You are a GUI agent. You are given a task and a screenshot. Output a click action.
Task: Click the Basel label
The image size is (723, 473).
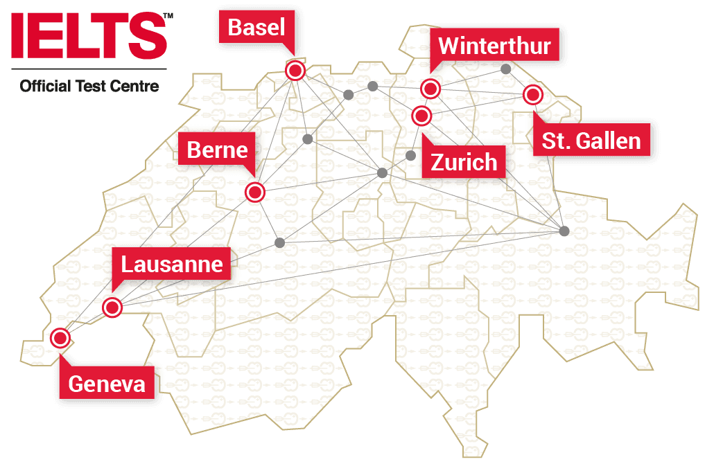pos(256,28)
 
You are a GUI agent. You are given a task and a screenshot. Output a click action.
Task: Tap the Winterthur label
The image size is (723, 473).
pos(494,46)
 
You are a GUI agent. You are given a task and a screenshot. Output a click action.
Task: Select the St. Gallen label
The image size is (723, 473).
pos(591,141)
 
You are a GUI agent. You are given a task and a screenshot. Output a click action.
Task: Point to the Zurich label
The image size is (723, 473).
pos(464,162)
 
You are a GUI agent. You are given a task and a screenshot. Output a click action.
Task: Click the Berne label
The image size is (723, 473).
pos(217,150)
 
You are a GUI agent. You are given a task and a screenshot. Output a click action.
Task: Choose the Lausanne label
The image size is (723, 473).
pos(172,264)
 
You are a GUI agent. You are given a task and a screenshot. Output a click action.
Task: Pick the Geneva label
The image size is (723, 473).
pos(107,384)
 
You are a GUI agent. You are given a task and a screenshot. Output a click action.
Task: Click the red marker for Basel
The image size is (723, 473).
pos(296,71)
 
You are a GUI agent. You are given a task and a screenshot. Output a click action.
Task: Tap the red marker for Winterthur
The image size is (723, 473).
pos(430,89)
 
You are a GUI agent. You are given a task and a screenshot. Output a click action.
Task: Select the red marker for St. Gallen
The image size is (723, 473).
pos(532,95)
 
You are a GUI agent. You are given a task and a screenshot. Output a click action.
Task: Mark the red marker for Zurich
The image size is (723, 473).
pos(421,115)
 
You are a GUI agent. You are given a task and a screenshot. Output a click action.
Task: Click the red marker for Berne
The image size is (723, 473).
pos(255,193)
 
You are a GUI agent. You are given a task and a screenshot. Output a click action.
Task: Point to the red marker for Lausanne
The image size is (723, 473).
pos(112,307)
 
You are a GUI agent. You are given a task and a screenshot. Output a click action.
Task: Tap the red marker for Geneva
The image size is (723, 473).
pos(60,338)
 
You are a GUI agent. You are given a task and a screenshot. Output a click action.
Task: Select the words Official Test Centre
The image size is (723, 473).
pos(89,87)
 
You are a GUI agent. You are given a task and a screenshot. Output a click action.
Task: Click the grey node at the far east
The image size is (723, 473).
pos(564,231)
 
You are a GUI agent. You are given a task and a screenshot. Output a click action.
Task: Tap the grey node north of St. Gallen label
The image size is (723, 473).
pos(506,69)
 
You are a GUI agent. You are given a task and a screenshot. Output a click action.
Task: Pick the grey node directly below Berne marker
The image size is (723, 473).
pos(280,242)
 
